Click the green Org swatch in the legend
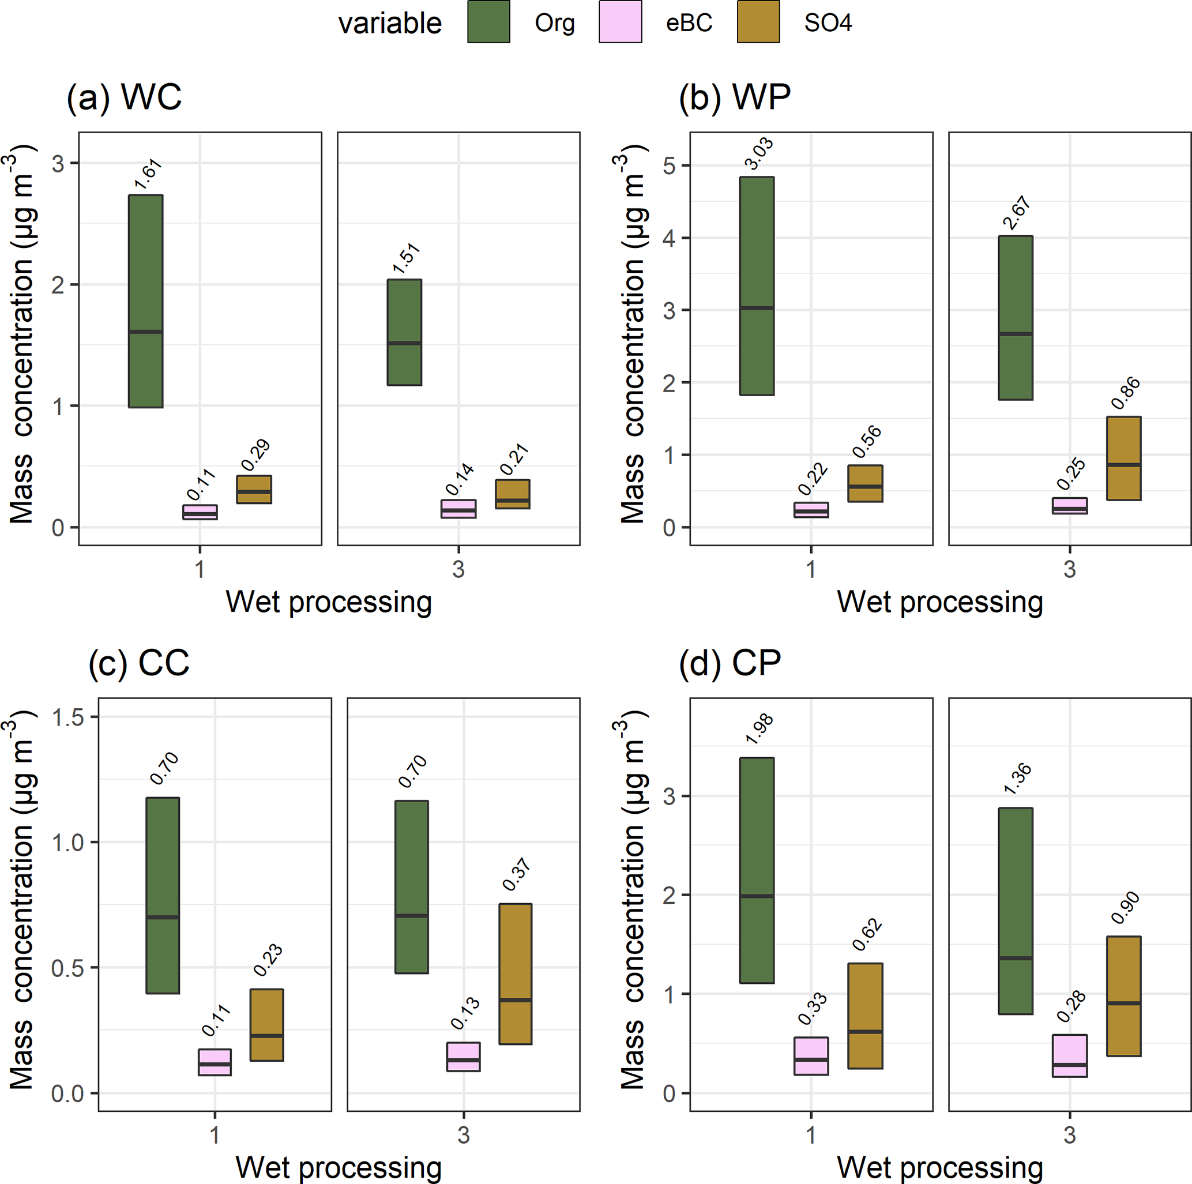(488, 22)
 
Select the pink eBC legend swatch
(620, 22)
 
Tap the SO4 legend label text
(828, 24)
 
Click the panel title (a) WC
(124, 97)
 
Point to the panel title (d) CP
(730, 664)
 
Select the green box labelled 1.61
(145, 301)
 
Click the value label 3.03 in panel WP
(758, 153)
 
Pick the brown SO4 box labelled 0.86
(1123, 458)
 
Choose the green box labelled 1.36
(1016, 911)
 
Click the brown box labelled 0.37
(515, 973)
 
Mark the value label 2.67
(1016, 213)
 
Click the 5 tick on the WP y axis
(669, 166)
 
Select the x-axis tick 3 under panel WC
(458, 569)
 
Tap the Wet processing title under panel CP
(939, 1167)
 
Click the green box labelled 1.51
(404, 333)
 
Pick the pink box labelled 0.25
(1069, 506)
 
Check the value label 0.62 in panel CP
(867, 935)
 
